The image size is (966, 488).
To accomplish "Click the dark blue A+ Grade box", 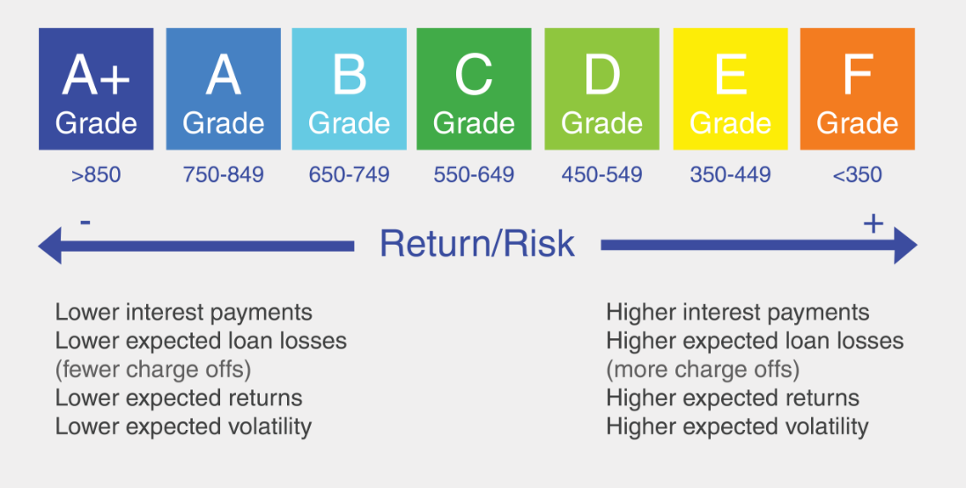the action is tap(96, 89).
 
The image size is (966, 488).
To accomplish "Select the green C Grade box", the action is tap(474, 89).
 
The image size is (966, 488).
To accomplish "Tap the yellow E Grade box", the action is tap(730, 89).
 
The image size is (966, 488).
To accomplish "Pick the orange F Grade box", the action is tap(857, 89).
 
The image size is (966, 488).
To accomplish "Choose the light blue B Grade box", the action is tap(349, 89).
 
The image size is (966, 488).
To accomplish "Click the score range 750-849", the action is tap(223, 175).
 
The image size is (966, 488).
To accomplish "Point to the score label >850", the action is tap(96, 175).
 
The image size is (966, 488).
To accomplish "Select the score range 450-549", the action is tap(601, 175).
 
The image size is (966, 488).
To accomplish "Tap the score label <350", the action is tap(857, 175).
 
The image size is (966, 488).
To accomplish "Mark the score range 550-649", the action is tap(474, 175).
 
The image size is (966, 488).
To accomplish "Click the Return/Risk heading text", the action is tap(477, 243).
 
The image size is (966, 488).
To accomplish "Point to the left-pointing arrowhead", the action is tap(50, 245).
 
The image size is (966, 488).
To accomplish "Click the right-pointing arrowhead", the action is tap(905, 245).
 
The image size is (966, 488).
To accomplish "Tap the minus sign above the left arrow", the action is tap(85, 221).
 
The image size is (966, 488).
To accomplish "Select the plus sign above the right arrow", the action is tap(873, 223).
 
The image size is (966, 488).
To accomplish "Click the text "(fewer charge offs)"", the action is tap(153, 370).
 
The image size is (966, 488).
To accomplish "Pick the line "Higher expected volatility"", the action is tap(737, 426).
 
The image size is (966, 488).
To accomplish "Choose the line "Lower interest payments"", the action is tap(183, 313).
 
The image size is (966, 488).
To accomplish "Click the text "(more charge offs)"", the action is tap(703, 370).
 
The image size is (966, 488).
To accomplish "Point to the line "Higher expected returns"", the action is tap(733, 398).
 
